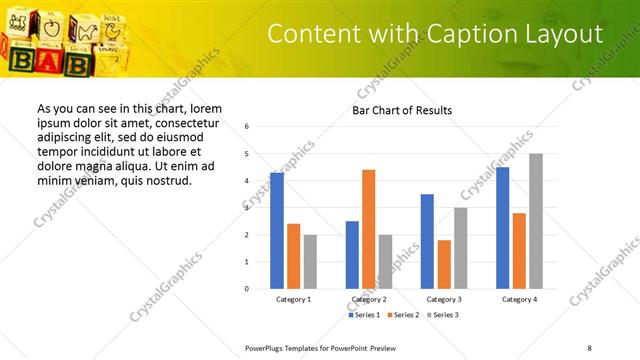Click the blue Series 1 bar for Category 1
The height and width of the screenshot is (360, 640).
[x=277, y=230]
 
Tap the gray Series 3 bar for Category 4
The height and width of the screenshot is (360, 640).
[x=535, y=221]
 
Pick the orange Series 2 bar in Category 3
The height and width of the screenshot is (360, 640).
[x=444, y=264]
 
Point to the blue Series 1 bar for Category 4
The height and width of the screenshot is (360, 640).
[x=502, y=227]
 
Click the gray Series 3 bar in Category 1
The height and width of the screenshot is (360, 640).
[x=310, y=261]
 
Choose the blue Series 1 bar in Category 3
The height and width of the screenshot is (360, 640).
[x=427, y=241]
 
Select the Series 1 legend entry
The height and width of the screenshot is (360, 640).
[x=364, y=315]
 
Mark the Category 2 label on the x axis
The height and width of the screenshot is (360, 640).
[x=369, y=299]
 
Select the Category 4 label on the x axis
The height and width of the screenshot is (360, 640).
[x=519, y=299]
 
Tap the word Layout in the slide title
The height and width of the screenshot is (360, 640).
[x=567, y=34]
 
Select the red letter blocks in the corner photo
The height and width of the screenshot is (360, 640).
[x=35, y=62]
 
